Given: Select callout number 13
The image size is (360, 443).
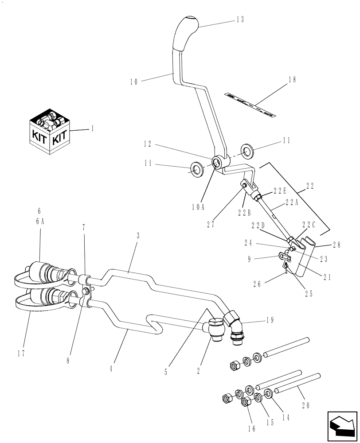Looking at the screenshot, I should click(240, 20).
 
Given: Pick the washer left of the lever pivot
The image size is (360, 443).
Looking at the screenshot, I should click(196, 168).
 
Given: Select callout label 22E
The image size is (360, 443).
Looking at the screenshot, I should click(280, 190).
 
